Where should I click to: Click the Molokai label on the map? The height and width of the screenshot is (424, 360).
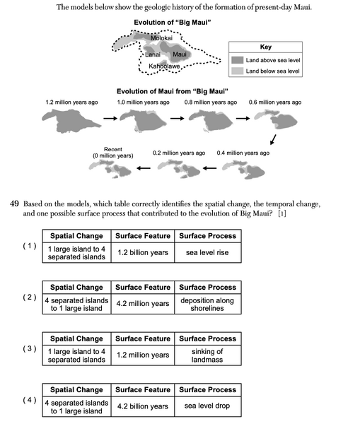click(161, 38)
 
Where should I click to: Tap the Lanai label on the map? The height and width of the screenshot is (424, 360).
click(153, 54)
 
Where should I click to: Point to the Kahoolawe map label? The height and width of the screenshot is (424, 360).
click(164, 66)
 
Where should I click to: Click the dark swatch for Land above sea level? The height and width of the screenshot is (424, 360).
click(238, 60)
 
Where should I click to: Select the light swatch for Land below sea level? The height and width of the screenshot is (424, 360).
click(238, 71)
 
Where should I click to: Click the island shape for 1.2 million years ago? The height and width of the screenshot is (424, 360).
click(71, 121)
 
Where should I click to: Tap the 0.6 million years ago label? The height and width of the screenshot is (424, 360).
click(275, 102)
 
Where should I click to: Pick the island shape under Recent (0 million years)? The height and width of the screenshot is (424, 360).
click(110, 169)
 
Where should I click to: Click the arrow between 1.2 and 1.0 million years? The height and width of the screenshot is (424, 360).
click(110, 118)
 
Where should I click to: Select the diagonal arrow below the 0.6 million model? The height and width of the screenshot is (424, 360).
click(274, 139)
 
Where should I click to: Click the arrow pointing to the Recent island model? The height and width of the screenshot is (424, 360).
click(144, 168)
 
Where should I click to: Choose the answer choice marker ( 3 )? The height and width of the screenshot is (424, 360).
click(30, 348)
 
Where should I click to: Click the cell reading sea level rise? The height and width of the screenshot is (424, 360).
click(208, 252)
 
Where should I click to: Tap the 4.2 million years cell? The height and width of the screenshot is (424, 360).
click(143, 304)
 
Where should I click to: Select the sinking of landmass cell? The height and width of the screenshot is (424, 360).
click(208, 355)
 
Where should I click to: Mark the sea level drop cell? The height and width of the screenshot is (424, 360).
click(208, 406)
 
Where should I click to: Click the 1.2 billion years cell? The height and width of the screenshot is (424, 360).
click(143, 252)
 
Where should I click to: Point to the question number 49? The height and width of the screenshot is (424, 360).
click(14, 204)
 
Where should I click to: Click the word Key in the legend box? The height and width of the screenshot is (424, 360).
click(265, 47)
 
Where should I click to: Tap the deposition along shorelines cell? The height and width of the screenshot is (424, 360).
click(208, 304)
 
